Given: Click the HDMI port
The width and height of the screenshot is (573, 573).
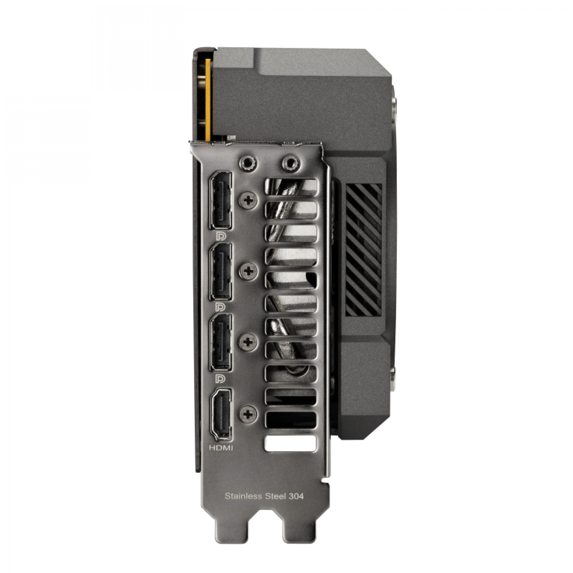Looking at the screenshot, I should (221, 414).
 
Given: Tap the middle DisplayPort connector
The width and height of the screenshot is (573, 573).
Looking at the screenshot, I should (221, 272).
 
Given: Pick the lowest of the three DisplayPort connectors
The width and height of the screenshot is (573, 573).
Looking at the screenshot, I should (221, 342).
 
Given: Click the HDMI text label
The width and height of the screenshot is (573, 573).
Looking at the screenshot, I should (221, 448).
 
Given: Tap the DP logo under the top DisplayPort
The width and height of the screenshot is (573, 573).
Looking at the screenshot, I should (221, 236).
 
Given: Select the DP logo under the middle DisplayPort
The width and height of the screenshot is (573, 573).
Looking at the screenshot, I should (221, 307).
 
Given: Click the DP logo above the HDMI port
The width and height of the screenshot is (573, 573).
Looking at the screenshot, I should (221, 378).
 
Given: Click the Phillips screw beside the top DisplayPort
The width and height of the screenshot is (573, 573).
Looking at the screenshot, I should (248, 200).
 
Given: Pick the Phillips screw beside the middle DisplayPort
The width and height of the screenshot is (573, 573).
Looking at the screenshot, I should (248, 271).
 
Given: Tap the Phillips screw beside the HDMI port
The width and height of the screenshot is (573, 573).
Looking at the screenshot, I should (248, 414).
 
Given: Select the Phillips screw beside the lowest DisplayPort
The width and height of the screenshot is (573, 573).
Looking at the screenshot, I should (248, 342).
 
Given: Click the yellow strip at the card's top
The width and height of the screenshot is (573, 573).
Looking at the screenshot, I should (208, 99).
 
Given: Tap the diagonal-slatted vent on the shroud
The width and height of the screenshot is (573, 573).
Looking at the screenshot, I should (363, 250).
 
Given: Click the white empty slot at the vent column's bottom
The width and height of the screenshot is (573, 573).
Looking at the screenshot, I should (291, 444).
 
